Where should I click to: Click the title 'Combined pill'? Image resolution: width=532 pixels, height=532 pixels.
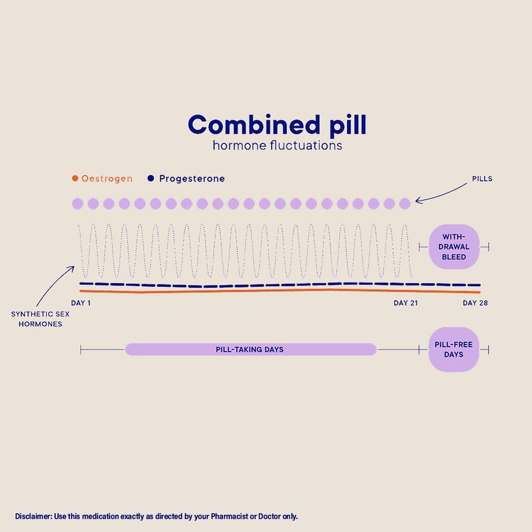coord(277,125)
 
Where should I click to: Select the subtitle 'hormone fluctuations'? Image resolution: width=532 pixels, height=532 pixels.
coord(277,146)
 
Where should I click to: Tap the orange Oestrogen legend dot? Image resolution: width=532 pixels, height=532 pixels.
coord(75,179)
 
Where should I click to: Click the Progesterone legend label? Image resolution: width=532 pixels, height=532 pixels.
coord(192,179)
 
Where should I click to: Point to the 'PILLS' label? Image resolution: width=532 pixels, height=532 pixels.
coord(482,179)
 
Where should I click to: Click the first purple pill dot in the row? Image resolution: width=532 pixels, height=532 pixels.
coord(77,203)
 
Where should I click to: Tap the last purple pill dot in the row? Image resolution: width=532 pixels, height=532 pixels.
coord(405,203)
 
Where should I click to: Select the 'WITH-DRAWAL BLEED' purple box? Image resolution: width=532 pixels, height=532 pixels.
coord(454,246)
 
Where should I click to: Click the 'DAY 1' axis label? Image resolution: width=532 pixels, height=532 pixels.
coord(81,303)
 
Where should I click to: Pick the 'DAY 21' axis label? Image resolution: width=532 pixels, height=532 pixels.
coord(406,303)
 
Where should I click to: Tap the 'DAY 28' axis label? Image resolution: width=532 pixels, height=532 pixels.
coord(475,303)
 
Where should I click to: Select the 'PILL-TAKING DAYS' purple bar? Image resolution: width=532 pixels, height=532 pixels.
coord(250,350)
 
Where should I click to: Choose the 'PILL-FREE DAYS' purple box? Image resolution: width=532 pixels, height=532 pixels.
coord(453,350)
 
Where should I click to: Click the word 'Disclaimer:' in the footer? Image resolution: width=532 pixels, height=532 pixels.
coord(34,516)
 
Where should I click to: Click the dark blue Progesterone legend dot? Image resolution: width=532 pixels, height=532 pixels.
coord(151,179)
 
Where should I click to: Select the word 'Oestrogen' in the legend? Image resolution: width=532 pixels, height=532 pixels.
coord(107,179)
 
